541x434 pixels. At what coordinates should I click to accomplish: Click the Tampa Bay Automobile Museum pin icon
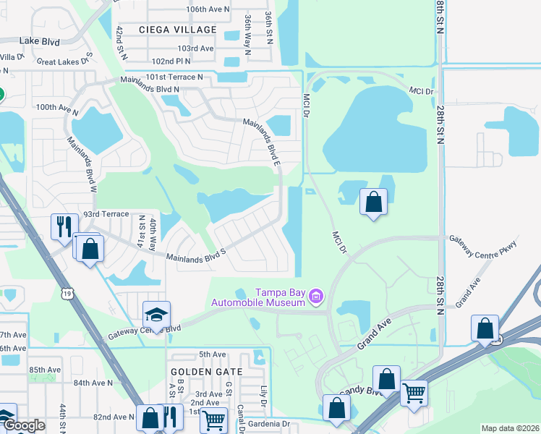(315, 296)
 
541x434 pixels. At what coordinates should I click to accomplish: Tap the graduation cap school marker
(156, 315)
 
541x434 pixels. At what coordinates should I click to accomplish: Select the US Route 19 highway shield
(68, 292)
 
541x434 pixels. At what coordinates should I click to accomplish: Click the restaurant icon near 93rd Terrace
(61, 226)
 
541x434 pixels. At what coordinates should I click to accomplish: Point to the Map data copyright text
(509, 428)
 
